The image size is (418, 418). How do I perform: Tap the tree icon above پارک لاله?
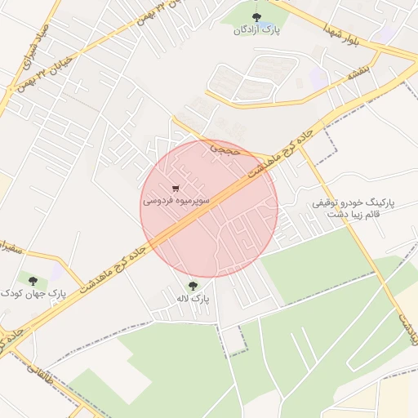193,285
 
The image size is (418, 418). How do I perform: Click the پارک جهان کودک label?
33,291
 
